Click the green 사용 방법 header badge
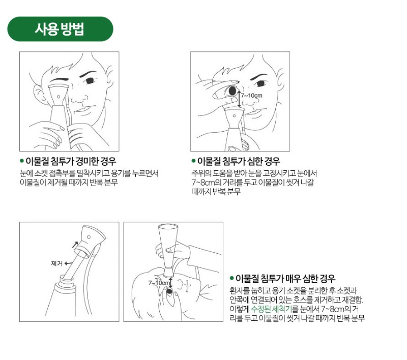60,29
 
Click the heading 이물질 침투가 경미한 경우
71,161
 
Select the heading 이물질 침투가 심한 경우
239,161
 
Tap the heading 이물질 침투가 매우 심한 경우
285,279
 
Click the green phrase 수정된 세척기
271,309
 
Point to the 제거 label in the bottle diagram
56,263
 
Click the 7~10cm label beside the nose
251,96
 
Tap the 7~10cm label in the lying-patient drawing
159,283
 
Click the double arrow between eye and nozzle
239,99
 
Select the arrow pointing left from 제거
68,263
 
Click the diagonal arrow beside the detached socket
75,245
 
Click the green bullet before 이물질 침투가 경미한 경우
22,161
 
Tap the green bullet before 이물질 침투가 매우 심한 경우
231,278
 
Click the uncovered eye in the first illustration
90,80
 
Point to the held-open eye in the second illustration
232,91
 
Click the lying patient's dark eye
169,291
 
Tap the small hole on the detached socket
89,237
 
